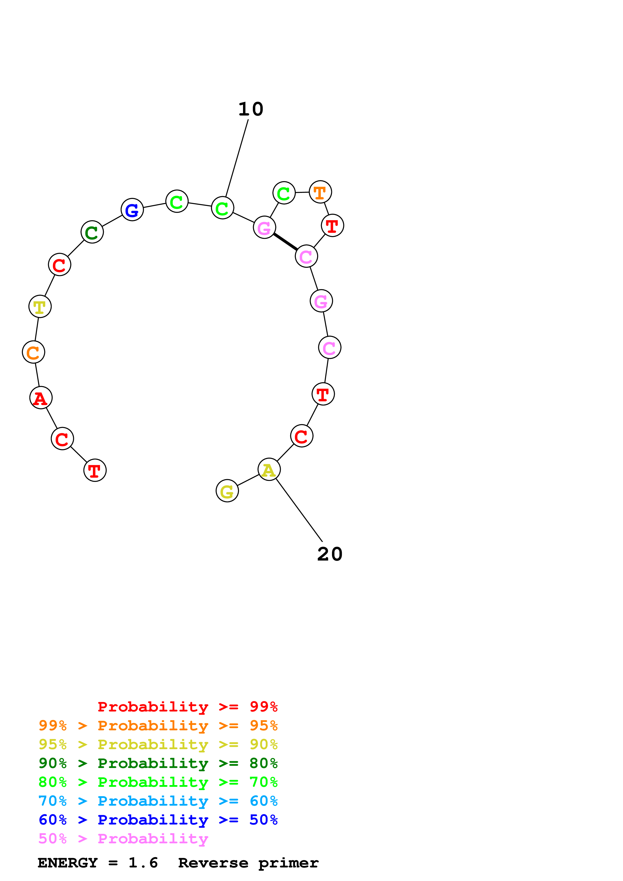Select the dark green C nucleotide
coord(92,232)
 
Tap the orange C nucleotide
coord(33,352)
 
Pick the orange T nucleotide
coord(320,192)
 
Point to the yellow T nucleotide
coord(40,307)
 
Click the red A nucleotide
coord(41,398)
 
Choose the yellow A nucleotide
coord(269,469)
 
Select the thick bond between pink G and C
coord(285,242)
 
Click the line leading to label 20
coord(299,510)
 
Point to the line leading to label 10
coord(237,158)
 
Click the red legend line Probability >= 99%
coord(187,707)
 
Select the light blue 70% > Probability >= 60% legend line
coord(158,801)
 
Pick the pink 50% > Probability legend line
coord(123,839)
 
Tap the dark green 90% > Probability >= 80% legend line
coord(158,763)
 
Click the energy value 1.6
coord(143,863)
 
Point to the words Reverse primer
coord(248,863)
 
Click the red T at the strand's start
coord(95,470)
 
